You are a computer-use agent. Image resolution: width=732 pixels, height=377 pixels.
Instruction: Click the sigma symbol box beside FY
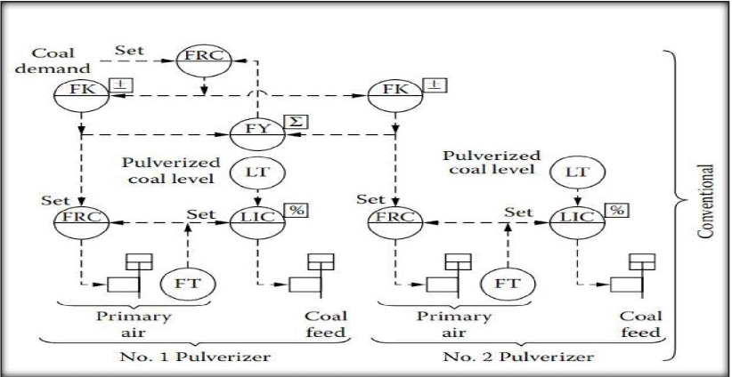297,122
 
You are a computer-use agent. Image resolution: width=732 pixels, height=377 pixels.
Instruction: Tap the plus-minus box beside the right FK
435,84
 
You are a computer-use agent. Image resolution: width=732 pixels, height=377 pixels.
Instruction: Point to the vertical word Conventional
706,201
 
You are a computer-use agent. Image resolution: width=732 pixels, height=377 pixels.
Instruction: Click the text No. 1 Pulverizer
195,357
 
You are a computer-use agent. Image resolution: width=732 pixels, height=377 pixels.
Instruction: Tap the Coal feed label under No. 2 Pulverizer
640,325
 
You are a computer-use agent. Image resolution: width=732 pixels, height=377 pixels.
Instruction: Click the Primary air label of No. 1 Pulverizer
134,325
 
